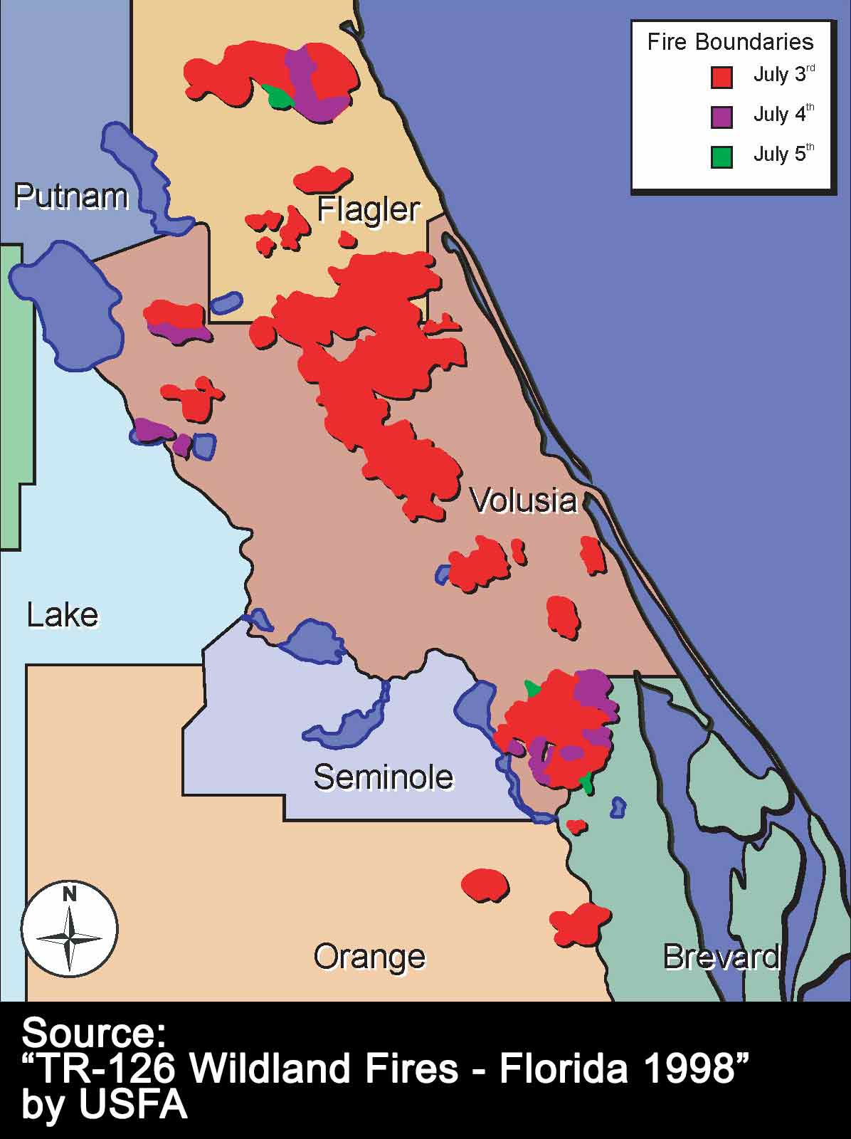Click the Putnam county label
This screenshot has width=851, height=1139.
(70, 196)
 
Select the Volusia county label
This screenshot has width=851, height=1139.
(523, 500)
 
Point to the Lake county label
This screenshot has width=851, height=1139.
(63, 615)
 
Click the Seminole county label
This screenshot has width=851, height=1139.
(383, 777)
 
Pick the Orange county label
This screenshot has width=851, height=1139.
(369, 957)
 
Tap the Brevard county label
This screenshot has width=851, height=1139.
(721, 957)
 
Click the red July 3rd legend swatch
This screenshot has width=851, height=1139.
(721, 77)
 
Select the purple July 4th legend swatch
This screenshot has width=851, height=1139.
(721, 117)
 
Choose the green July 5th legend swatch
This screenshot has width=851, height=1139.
(721, 157)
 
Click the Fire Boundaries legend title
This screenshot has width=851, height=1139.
(730, 42)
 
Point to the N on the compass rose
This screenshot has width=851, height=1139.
(69, 894)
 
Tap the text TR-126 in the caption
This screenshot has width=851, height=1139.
(107, 1069)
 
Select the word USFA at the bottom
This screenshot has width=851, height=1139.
(132, 1105)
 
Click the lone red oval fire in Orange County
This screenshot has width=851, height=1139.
(485, 885)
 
